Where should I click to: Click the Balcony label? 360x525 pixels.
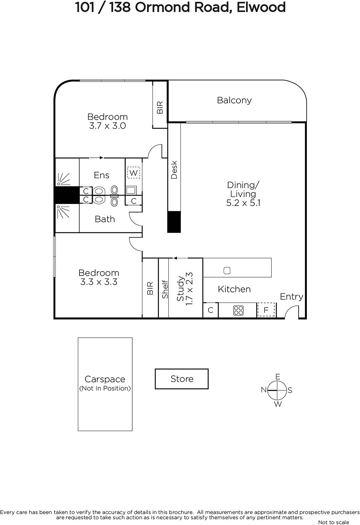point(234,100)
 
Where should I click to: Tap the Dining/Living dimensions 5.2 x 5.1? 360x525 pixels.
point(243,203)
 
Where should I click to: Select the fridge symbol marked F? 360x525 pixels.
point(266,310)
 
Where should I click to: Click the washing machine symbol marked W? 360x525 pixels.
point(134,173)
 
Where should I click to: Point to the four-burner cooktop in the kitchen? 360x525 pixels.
point(239,310)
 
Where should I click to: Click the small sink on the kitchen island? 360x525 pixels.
point(227,270)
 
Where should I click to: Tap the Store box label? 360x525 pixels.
point(182,379)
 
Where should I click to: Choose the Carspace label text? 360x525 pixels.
point(105,379)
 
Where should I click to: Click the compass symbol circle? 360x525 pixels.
point(277,390)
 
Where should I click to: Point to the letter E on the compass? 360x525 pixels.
point(278,377)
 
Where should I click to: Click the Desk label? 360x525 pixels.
point(174,170)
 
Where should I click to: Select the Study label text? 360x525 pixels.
point(180,288)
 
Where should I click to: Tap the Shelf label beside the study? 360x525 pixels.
point(165,289)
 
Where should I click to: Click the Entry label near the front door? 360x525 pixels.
point(291,297)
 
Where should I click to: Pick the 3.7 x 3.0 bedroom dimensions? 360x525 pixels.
point(108,126)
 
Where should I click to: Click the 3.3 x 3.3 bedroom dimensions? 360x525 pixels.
point(99,282)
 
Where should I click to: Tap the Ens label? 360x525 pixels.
point(101,175)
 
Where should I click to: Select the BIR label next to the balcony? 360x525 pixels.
point(160,108)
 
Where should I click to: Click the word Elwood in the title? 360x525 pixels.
point(261,7)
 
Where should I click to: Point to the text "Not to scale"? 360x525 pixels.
point(333,522)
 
